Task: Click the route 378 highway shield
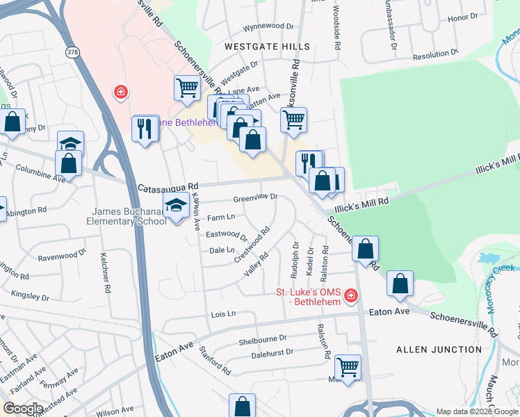[x=73, y=53]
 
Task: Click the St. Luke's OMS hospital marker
[x=350, y=297]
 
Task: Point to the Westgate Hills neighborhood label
[x=267, y=46]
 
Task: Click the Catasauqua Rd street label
[x=168, y=187]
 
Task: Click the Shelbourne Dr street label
[x=262, y=339]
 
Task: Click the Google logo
[x=23, y=409]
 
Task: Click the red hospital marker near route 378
[x=121, y=92]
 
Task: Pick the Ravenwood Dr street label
[x=62, y=254]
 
